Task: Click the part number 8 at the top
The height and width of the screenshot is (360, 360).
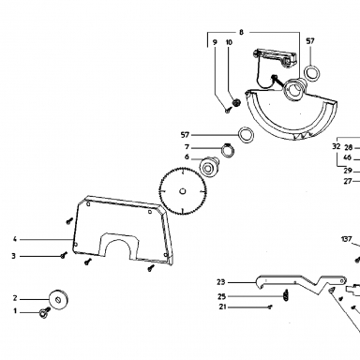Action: tap(241, 32)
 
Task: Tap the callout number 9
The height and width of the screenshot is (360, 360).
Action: tap(215, 42)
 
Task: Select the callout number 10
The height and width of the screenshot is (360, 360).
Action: tap(229, 42)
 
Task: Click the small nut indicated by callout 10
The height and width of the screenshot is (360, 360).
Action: tap(236, 102)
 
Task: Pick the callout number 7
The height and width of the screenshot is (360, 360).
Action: tap(187, 147)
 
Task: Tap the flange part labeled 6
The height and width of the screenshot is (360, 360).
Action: tap(209, 168)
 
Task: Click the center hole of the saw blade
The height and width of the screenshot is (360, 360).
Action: tap(183, 191)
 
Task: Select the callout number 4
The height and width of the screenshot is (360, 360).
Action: tap(14, 239)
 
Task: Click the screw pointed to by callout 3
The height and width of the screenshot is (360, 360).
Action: tap(64, 255)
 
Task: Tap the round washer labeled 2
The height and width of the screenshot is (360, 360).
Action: tap(59, 299)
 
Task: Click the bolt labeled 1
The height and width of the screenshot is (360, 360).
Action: tap(45, 312)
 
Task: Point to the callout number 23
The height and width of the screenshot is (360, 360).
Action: tap(221, 282)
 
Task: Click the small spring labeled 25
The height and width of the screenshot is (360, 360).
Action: tap(286, 295)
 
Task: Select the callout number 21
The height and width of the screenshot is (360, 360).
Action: tap(222, 307)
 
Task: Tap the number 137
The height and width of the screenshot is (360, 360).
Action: tap(346, 239)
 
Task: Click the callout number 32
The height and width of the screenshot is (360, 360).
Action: tap(336, 146)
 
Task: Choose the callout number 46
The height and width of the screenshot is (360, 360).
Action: tap(347, 157)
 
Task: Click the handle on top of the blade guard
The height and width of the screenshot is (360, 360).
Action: tap(275, 56)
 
